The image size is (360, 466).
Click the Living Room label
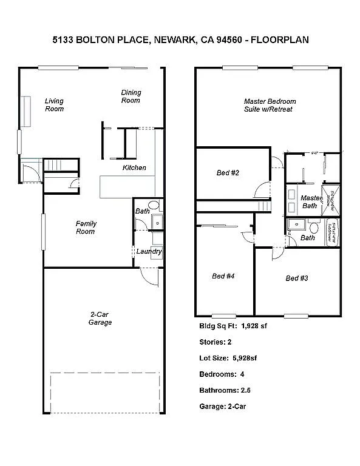(x=54, y=105)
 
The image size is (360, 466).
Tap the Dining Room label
(x=131, y=96)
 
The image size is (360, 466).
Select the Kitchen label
(x=134, y=167)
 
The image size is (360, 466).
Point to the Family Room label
(x=86, y=228)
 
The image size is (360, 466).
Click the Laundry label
(x=149, y=251)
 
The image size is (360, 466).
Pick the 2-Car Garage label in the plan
(x=100, y=319)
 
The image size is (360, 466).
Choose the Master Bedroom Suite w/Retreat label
(x=268, y=105)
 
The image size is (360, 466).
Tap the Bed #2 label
(x=228, y=173)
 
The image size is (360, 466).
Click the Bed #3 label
(x=297, y=278)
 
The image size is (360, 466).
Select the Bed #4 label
(x=223, y=276)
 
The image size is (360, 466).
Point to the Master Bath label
(x=311, y=202)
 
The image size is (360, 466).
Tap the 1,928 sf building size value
(x=254, y=326)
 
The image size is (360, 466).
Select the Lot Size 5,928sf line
(x=228, y=358)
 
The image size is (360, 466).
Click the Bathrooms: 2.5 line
(x=225, y=390)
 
